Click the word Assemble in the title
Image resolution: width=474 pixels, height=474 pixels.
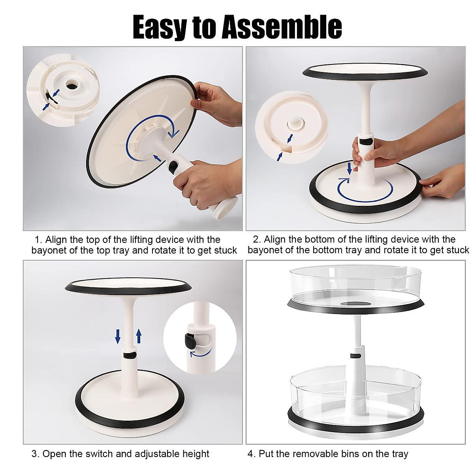coord(282,27)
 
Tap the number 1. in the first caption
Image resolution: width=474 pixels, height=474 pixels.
coord(38,240)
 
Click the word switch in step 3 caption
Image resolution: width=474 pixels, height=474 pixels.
coord(107,454)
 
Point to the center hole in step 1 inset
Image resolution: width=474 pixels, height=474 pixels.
coord(72,85)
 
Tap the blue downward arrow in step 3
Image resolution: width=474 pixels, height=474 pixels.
coord(118,336)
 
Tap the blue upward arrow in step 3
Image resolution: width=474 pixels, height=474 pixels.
coord(139,336)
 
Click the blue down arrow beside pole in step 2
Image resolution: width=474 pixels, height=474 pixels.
coord(349,167)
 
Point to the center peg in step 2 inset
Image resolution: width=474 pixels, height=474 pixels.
coord(294,123)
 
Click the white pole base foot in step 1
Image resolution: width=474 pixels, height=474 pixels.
coord(225,207)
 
